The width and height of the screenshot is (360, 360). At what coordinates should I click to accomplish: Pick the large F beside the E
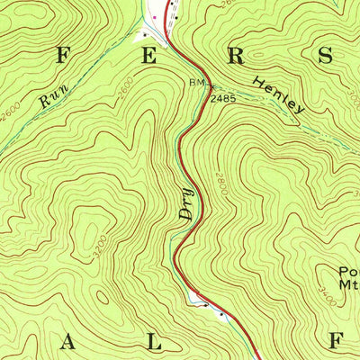click(63, 54)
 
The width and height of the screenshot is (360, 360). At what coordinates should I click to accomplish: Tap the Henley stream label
click(280, 94)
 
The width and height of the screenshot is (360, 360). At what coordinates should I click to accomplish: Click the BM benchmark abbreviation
click(196, 84)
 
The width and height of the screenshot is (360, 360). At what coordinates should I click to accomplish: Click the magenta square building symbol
click(154, 15)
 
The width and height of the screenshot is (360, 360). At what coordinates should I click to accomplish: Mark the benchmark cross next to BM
click(209, 85)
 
